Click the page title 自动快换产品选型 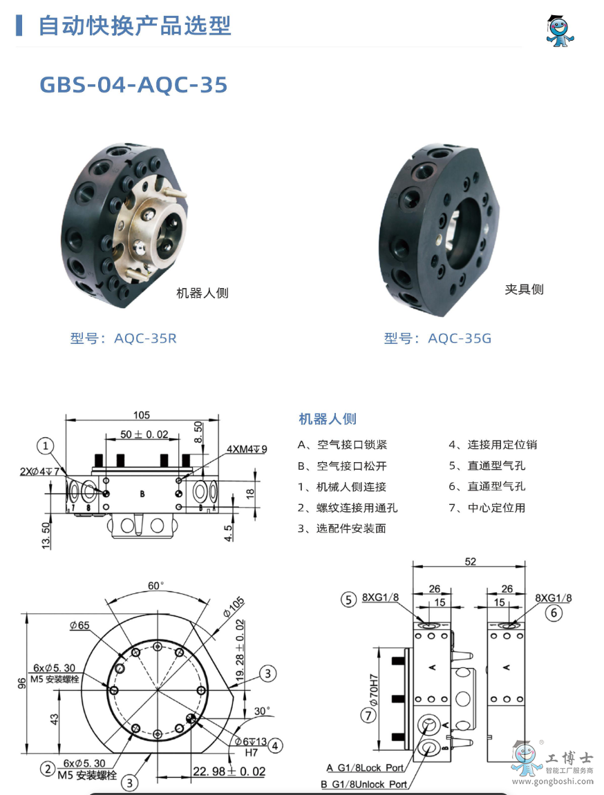[134, 26]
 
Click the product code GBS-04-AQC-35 [133, 84]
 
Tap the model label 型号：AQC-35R [123, 338]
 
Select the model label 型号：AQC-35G [437, 338]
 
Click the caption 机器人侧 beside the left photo [202, 294]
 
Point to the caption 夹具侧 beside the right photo [524, 289]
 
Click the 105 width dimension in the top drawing [142, 415]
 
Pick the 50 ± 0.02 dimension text [144, 434]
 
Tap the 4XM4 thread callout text [247, 449]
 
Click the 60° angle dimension [157, 586]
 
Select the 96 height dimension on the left [22, 682]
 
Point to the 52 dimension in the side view [470, 562]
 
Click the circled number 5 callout [349, 599]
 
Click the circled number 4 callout [275, 745]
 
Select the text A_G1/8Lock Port [366, 768]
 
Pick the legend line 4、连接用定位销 [492, 445]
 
